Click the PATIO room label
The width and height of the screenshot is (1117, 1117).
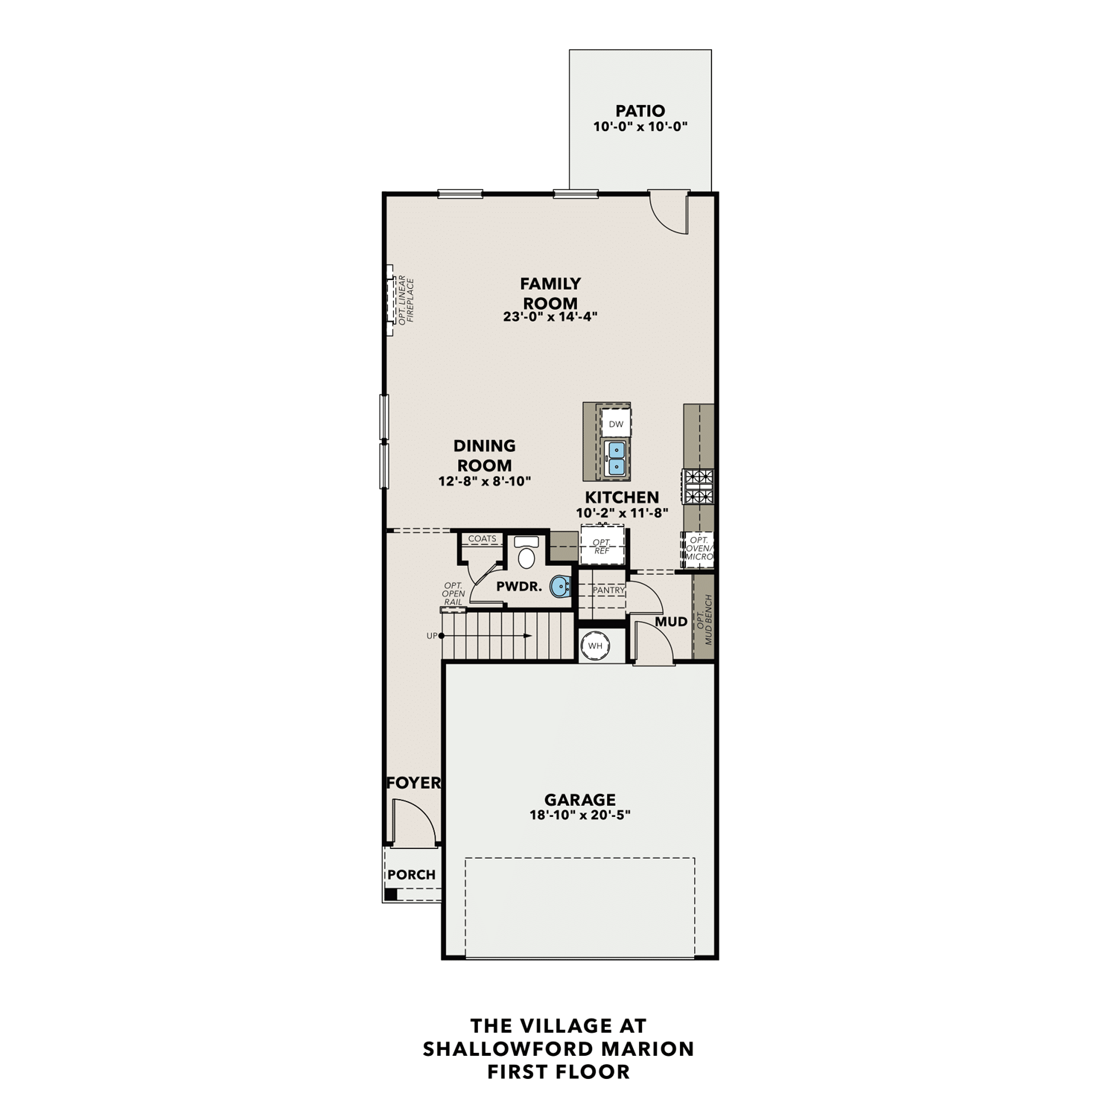point(640,111)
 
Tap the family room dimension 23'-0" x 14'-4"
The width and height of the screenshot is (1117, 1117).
point(550,316)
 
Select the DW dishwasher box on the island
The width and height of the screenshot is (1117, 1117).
point(616,424)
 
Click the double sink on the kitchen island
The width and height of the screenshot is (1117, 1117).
point(616,458)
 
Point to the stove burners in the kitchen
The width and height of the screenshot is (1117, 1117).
point(698,486)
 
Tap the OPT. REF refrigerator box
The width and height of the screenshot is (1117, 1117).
point(602,547)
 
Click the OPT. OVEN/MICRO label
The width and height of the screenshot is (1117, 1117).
point(699,548)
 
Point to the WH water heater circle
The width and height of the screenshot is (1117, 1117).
point(596,646)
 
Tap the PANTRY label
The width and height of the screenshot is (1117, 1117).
point(608,590)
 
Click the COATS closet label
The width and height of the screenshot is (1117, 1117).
point(482,538)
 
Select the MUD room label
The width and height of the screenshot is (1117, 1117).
point(671,622)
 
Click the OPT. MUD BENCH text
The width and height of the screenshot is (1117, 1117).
point(704,619)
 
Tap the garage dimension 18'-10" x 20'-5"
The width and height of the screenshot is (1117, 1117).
point(579,815)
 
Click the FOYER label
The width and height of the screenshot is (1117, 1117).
point(413,783)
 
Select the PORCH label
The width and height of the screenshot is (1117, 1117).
point(411,875)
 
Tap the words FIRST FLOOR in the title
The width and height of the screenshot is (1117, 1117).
point(558,1072)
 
